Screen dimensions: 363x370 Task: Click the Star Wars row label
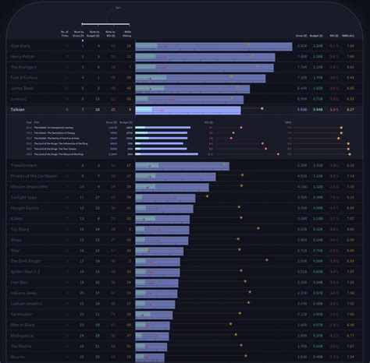21,46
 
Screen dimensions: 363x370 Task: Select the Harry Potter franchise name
23,57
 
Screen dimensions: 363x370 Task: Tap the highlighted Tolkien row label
19,111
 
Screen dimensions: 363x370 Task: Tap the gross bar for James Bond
192,89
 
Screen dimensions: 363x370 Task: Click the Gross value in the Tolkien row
301,111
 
